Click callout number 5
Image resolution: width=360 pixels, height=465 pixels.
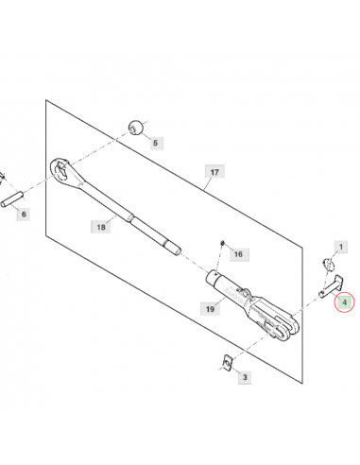coord(155,143)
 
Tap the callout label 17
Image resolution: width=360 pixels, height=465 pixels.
coord(214,172)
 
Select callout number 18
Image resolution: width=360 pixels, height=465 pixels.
coord(101,227)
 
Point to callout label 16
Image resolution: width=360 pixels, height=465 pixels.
coord(238,254)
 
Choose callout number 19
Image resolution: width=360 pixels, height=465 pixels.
coord(210,309)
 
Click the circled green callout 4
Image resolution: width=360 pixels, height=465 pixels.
coord(344,302)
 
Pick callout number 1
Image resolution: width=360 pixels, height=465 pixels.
coord(341,247)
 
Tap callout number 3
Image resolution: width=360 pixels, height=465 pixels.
coord(245,377)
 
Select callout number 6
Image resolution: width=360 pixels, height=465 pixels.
coord(24,215)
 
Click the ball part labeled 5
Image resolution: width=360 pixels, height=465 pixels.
coord(136,128)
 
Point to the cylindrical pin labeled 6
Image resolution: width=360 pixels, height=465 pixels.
coord(12,199)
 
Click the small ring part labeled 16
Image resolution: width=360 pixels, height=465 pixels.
coord(222,243)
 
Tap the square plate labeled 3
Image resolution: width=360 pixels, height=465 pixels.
coord(227,363)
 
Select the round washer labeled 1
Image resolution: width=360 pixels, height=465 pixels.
coord(328,264)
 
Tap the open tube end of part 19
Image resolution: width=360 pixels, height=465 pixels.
coord(212,278)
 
